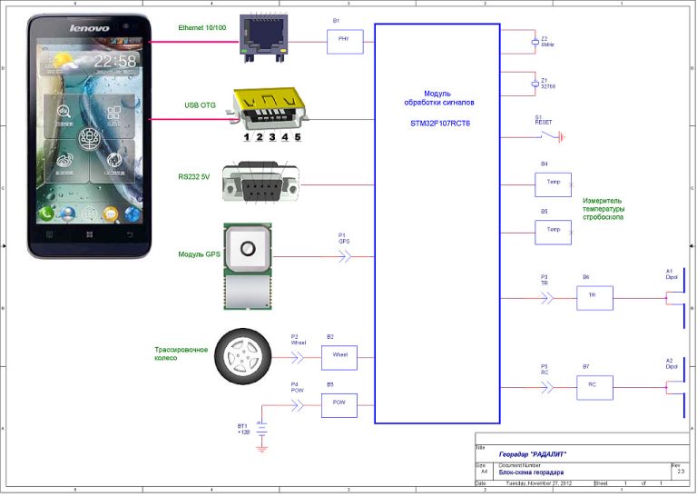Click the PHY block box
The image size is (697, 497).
[345, 42]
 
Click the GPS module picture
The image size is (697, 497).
[248, 263]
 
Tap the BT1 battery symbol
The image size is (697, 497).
[261, 426]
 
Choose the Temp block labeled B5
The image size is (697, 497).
[553, 232]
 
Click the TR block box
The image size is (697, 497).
[594, 297]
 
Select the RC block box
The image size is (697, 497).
[594, 387]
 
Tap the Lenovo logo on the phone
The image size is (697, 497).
[90, 28]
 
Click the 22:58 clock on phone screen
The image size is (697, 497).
[115, 61]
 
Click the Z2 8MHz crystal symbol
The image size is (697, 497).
[534, 42]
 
